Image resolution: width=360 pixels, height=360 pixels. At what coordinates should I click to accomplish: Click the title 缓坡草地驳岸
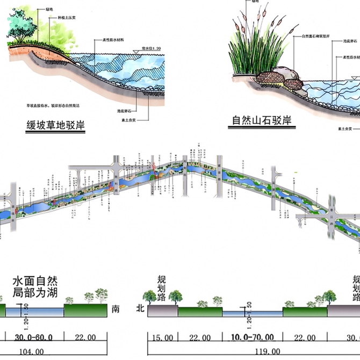point(56,126)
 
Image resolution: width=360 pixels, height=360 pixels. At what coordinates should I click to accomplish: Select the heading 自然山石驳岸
point(262,120)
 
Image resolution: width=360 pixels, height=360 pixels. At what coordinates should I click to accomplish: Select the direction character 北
point(140,309)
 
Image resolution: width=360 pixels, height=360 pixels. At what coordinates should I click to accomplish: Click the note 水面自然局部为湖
point(35,287)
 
